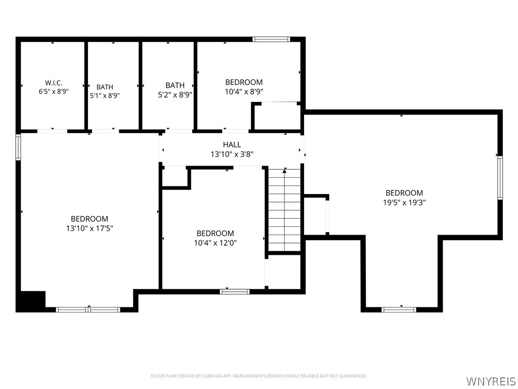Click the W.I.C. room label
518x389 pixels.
[54, 83]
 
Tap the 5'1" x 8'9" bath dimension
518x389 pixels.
[105, 96]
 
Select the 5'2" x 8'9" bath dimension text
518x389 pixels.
[175, 94]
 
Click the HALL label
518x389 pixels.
[232, 144]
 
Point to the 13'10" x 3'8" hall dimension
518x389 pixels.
[232, 154]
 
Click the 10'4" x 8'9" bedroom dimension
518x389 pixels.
[244, 92]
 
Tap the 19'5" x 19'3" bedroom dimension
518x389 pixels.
[404, 203]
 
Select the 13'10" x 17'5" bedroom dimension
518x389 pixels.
[90, 228]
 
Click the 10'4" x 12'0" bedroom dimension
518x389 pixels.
[215, 243]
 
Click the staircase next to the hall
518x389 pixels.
[284, 210]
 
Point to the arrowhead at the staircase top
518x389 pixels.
[285, 171]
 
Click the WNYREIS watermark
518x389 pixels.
[490, 381]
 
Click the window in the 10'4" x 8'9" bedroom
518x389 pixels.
[271, 39]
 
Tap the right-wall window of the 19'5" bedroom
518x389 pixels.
[500, 178]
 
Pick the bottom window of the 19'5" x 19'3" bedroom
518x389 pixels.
[399, 309]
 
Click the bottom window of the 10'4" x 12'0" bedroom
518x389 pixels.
[235, 291]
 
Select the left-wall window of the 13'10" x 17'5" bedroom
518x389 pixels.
[18, 147]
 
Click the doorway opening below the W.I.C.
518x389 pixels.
[52, 131]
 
